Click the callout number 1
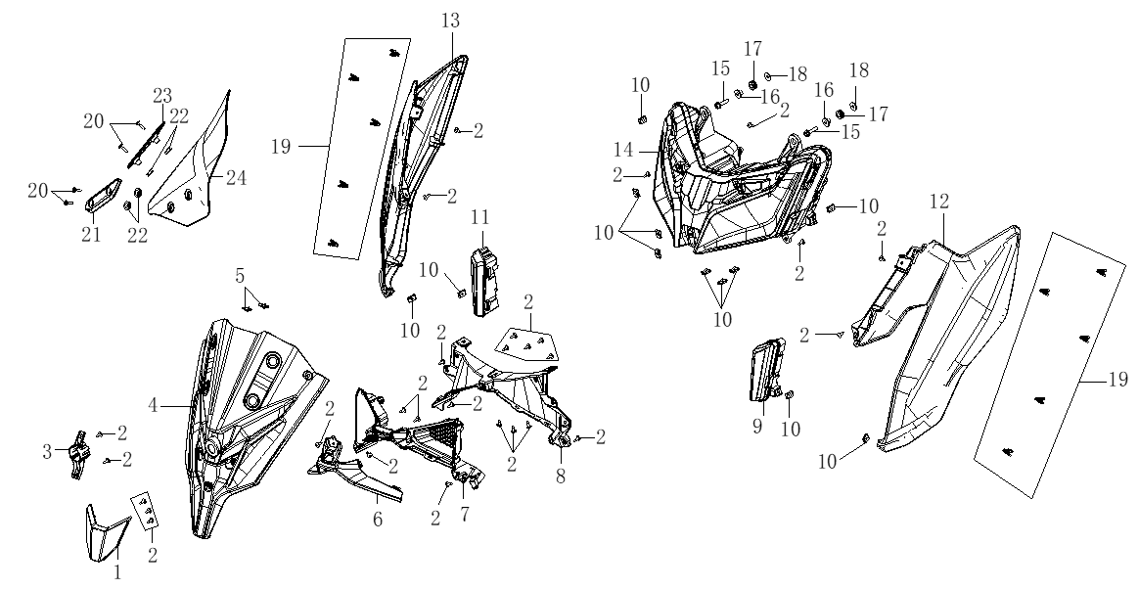117,573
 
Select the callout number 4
154,406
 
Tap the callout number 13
451,21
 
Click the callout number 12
940,201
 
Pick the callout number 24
237,177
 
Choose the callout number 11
479,217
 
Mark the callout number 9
757,426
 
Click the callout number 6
378,520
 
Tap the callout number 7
465,514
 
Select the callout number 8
561,477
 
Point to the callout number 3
47,452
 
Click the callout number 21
91,235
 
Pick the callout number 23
162,96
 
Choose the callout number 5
241,276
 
